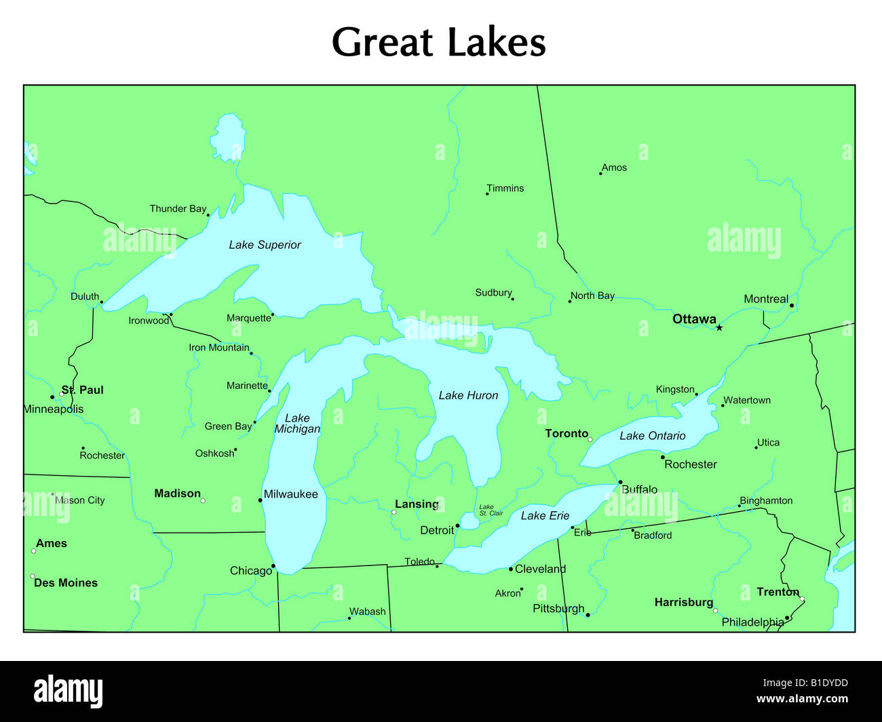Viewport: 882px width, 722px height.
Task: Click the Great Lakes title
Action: (438, 42)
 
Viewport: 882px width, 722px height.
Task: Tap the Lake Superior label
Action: (265, 245)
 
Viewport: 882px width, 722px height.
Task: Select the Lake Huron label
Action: (468, 395)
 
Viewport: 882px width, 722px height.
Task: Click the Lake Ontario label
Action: (652, 436)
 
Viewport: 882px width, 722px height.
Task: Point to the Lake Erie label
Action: (545, 516)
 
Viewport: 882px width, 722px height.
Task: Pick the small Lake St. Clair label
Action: (491, 510)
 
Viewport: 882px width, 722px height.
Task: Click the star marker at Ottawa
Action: (719, 328)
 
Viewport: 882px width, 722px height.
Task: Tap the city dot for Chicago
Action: (273, 566)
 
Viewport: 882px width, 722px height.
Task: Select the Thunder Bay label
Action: (178, 209)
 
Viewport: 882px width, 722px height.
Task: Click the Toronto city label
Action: (567, 433)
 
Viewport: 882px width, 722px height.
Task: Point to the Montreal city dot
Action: (791, 306)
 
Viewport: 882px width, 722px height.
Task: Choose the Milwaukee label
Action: (290, 494)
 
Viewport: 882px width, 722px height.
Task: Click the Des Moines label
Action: (66, 583)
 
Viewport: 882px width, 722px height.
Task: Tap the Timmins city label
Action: (505, 188)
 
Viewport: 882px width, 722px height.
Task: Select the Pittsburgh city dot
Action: (588, 615)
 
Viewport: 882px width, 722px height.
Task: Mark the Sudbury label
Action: (493, 293)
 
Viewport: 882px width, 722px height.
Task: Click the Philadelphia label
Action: (752, 622)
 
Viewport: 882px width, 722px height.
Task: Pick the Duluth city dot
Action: (102, 302)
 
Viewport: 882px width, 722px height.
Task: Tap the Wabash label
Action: (367, 611)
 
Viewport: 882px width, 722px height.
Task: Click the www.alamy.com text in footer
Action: (802, 699)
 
